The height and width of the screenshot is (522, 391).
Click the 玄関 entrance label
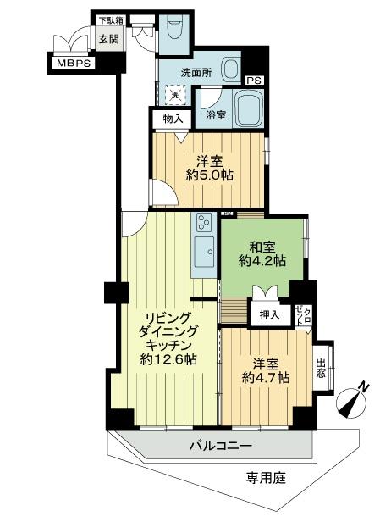(107, 38)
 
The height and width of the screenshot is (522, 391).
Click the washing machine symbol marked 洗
(175, 97)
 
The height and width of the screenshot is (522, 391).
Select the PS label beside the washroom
(253, 81)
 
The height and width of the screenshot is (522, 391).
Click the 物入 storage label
(172, 119)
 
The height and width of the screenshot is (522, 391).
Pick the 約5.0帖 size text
(210, 175)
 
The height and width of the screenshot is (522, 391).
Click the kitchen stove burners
(204, 224)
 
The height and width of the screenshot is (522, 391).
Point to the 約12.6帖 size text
(169, 359)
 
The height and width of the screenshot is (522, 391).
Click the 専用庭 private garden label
(267, 478)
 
